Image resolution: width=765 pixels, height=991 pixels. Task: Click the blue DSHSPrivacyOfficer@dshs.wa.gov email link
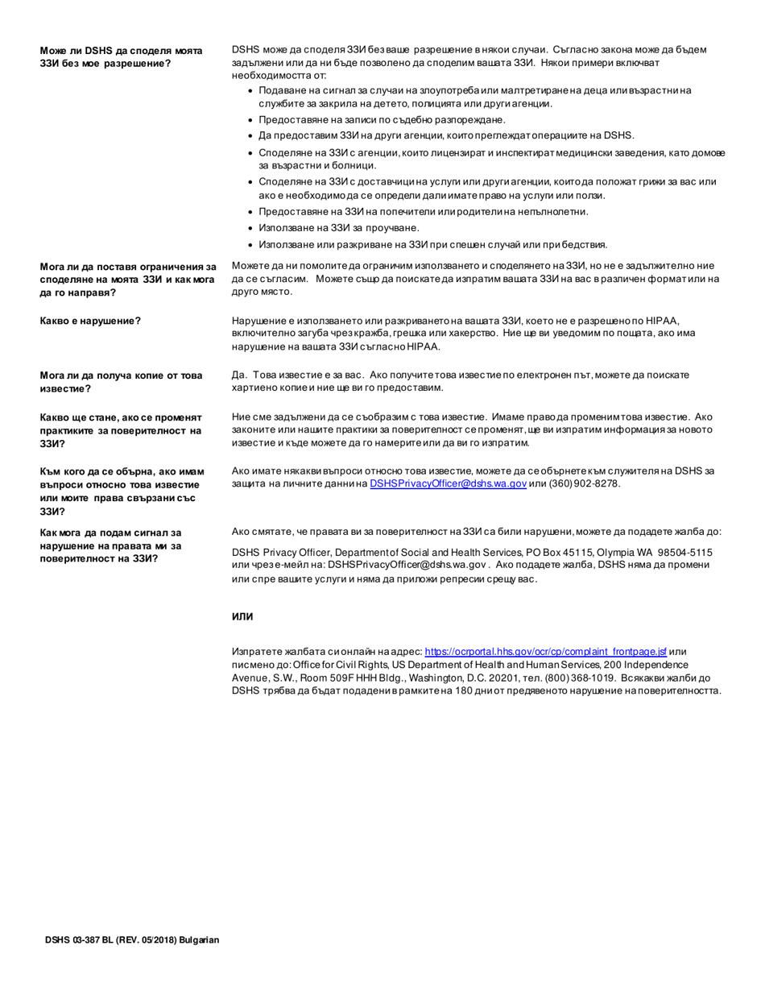[x=448, y=483]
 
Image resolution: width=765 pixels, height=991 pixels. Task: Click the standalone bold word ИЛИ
[x=242, y=617]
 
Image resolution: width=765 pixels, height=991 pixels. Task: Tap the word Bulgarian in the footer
[x=199, y=940]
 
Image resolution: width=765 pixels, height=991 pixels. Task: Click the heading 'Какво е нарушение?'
[x=91, y=321]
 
